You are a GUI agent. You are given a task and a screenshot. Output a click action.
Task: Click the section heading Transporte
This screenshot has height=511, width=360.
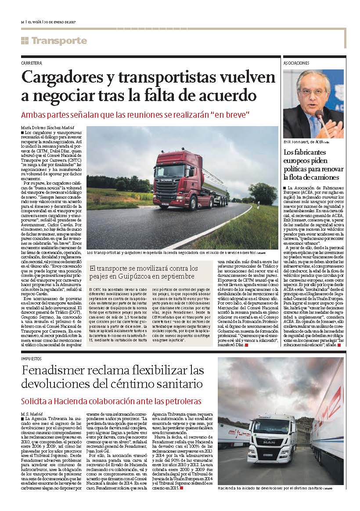pos(59,41)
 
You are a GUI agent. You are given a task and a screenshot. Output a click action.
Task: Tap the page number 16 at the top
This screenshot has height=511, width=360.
pos(22,22)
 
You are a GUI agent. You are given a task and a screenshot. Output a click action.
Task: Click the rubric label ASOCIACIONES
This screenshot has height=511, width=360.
pos(296,63)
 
